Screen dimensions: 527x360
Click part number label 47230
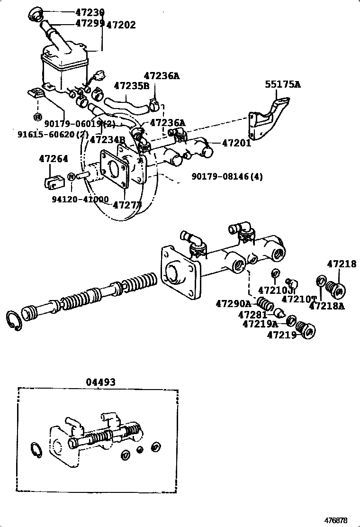(x=90, y=12)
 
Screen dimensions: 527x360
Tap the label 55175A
(x=282, y=85)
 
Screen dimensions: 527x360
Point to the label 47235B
(x=131, y=86)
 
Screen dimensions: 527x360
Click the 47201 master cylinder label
(x=235, y=143)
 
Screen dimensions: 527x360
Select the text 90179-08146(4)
(x=227, y=177)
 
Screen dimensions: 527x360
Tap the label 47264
(x=53, y=159)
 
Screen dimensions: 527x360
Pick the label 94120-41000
(x=80, y=200)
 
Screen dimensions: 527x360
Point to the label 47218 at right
(x=341, y=264)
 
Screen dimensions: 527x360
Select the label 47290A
(x=233, y=303)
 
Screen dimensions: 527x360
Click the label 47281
(x=253, y=314)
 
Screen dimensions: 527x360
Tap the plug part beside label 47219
(x=305, y=330)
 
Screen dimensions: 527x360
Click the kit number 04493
(x=100, y=382)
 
